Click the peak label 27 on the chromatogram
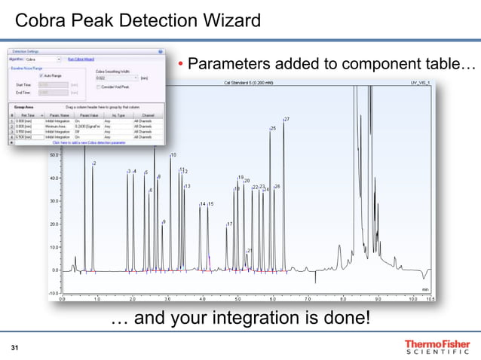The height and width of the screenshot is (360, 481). click(287, 120)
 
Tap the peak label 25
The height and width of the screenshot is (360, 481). click(273, 130)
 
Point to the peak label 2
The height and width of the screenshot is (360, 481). click(93, 164)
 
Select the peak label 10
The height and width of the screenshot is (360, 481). click(173, 155)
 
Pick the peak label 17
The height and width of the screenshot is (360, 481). click(230, 224)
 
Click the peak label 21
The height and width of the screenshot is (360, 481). click(250, 251)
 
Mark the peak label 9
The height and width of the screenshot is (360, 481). click(164, 222)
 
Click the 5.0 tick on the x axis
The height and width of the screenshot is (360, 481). click(237, 298)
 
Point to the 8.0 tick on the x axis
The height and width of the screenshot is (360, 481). click(343, 298)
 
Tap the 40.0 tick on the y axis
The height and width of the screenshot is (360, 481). click(54, 178)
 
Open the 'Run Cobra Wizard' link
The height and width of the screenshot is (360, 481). click(81, 58)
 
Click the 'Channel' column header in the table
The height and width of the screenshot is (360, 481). click(143, 114)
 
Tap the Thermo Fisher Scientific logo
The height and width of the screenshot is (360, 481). click(437, 346)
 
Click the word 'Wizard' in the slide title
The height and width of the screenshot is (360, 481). click(225, 19)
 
